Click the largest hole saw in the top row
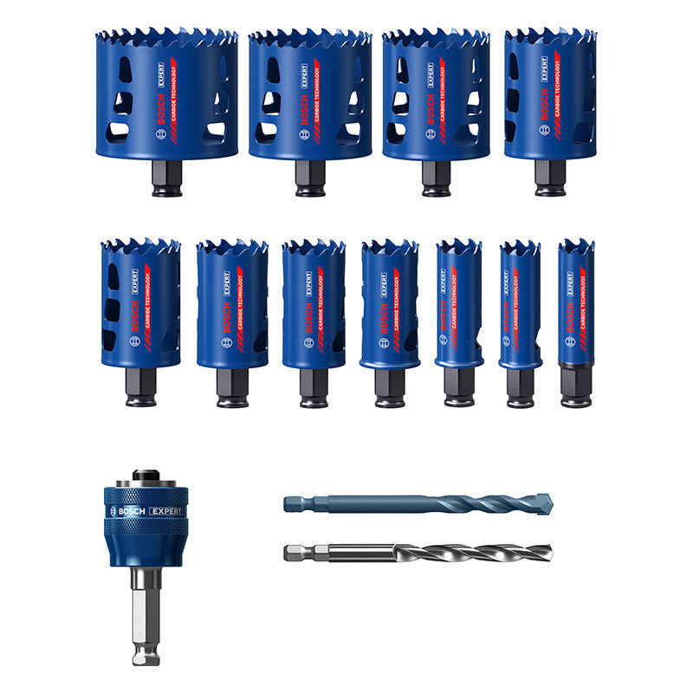click(166, 95)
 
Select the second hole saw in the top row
click(309, 95)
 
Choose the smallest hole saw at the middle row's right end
click(576, 303)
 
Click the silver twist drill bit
click(433, 551)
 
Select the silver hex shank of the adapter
click(146, 615)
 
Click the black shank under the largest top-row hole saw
click(167, 178)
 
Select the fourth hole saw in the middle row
click(389, 303)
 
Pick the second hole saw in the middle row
click(232, 303)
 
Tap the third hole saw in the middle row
click(314, 303)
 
